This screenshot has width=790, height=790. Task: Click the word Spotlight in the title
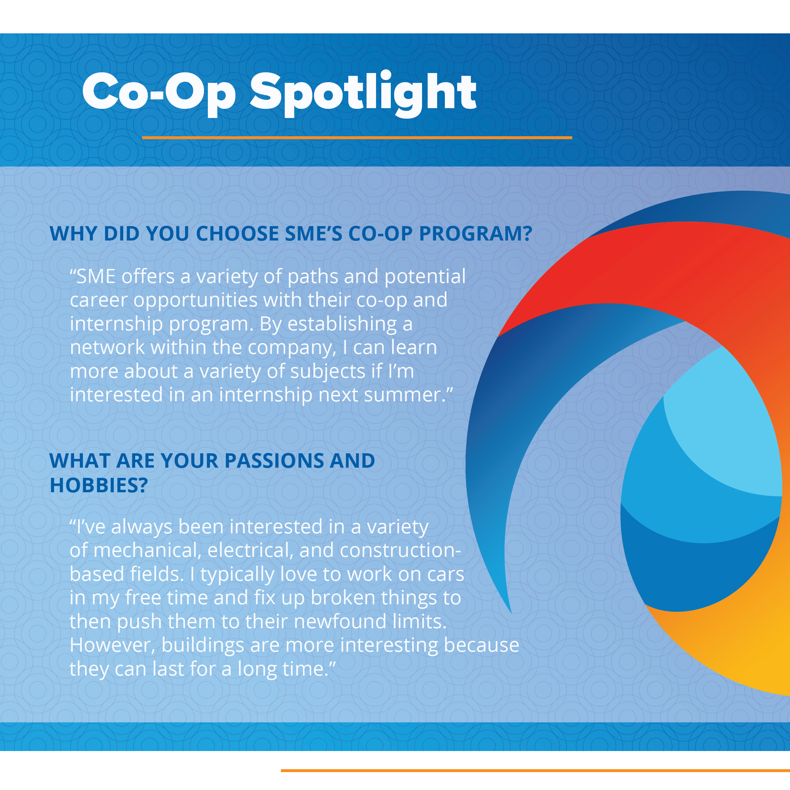363,94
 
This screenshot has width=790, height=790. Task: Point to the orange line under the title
357,138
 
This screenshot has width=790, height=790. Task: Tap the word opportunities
196,301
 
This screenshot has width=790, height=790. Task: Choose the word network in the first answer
107,348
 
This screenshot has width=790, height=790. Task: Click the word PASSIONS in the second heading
274,461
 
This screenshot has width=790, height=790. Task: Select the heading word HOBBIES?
99,485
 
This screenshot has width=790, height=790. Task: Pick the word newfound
340,621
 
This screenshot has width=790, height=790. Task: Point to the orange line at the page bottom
535,770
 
